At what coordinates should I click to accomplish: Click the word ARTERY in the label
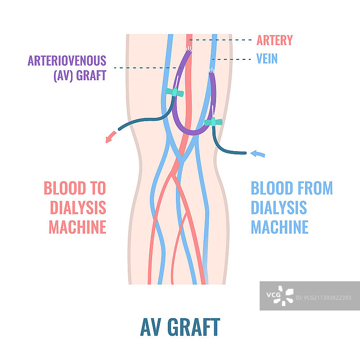click(274, 40)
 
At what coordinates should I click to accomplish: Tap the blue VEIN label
click(267, 58)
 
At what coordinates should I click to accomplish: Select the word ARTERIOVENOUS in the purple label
click(67, 61)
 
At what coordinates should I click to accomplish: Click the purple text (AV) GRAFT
click(80, 75)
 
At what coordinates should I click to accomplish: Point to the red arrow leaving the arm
click(109, 138)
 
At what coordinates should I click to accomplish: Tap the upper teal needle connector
click(174, 93)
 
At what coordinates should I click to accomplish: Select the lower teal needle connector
click(213, 122)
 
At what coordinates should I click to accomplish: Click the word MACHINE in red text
click(78, 227)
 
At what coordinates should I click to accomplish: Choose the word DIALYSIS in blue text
click(279, 207)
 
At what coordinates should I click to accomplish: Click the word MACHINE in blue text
click(280, 227)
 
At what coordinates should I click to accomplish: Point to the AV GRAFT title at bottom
click(180, 327)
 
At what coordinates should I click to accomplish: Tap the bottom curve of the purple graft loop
click(191, 132)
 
